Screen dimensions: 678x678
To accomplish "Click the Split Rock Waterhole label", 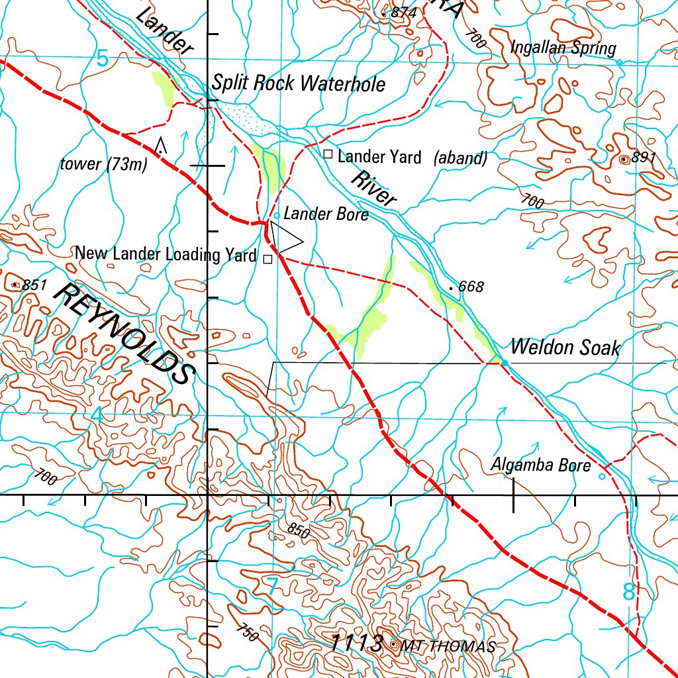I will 299,83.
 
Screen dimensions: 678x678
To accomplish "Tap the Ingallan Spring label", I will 563,48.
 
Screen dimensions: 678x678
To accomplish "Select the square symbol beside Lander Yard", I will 327,154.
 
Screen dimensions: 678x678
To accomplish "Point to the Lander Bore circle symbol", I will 276,215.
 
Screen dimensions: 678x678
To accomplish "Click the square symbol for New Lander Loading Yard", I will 267,260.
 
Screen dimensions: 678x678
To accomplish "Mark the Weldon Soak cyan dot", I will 504,362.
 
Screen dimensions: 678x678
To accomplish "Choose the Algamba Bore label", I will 540,465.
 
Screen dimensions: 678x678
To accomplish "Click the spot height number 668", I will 471,287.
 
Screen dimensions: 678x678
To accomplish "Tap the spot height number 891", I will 644,158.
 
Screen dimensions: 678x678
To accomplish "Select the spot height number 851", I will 34,285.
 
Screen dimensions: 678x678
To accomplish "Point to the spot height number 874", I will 404,13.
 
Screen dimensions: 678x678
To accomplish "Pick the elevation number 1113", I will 356,643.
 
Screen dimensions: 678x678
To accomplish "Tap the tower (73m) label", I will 103,165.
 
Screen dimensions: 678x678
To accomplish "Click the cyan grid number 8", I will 628,592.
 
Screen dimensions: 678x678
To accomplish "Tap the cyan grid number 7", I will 271,586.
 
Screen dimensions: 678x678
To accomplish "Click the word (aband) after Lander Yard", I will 461,158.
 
